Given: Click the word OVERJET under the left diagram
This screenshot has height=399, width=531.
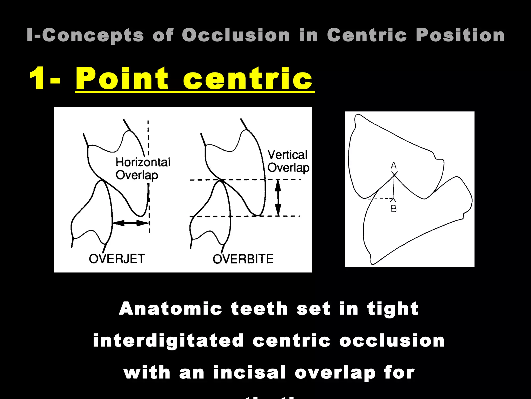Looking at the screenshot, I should pos(117,259).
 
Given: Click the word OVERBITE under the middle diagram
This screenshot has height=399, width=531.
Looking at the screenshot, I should pos(243,259).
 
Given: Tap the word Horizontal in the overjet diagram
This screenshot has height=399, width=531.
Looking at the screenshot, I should pos(143,162).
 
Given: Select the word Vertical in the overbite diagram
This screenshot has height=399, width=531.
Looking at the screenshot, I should pos(287,155).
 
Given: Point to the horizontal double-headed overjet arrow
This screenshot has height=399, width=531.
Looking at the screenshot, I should pos(131,223).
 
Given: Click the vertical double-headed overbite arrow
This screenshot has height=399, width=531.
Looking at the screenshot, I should pos(278,198).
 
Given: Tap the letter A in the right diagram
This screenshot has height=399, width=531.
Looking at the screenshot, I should pos(394,165).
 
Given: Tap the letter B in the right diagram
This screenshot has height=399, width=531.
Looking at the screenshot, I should pos(394,209).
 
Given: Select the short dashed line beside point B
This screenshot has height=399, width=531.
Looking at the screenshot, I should pos(380,199).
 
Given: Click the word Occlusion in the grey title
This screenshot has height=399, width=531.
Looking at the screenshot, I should pos(236,35).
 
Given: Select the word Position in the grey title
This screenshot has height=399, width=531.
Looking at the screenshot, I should pos(460,35).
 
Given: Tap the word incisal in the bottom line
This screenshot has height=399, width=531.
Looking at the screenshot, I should pos(249,372).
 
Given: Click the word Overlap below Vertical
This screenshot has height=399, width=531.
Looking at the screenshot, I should pos(288,168).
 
